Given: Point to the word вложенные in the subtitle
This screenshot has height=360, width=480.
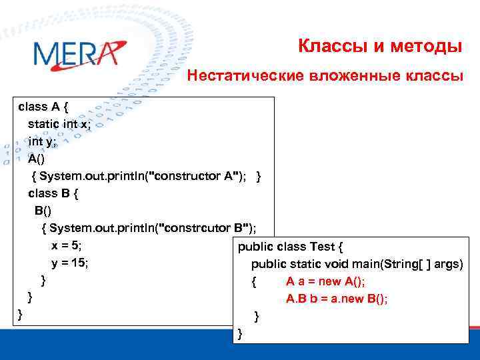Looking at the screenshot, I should click(x=354, y=76).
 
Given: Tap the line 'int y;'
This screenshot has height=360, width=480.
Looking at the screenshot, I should click(x=43, y=141).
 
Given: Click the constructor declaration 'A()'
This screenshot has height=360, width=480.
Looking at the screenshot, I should click(x=37, y=159).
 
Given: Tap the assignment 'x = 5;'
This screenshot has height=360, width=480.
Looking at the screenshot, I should click(x=67, y=245).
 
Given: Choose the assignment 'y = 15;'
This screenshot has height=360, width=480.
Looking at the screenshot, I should click(x=70, y=263).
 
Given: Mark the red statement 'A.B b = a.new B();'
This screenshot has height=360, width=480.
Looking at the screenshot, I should click(x=337, y=299).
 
